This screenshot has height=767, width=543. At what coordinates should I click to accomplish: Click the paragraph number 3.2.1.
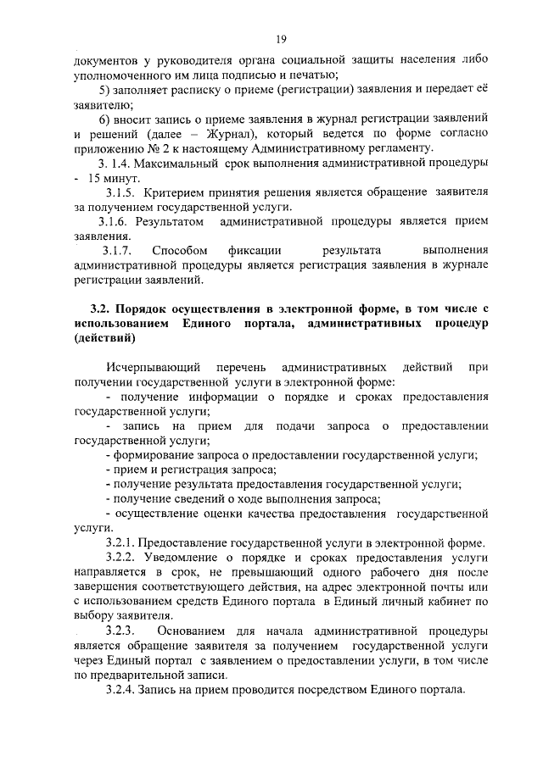point(119,542)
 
